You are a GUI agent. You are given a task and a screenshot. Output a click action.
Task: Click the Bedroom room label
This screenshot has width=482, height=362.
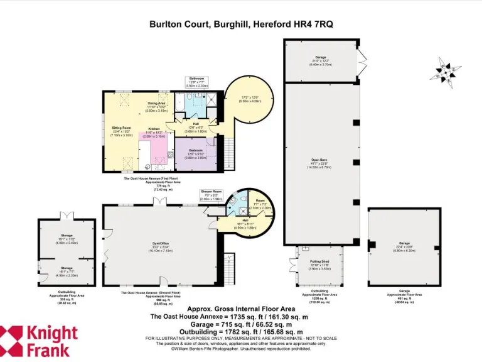195,151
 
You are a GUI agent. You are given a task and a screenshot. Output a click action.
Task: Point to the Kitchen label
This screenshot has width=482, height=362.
154,130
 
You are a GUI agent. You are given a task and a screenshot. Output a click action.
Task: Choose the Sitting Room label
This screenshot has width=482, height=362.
121,128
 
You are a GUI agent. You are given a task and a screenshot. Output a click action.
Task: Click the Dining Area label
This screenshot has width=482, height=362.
156,103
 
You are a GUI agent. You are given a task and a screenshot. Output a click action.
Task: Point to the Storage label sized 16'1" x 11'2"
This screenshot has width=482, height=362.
67,236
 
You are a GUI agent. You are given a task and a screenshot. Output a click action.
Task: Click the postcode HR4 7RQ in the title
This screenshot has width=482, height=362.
314,25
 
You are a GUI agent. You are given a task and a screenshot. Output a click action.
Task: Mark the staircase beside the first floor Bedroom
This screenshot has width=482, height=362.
228,148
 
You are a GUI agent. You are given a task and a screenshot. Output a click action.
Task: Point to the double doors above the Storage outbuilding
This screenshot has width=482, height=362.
67,214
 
